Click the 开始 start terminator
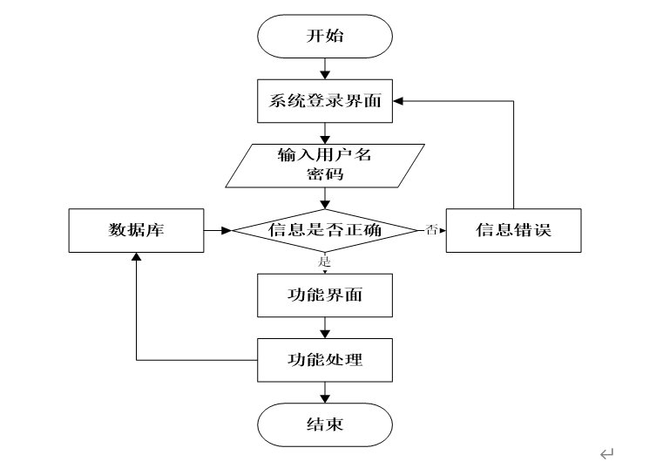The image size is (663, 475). pos(325,37)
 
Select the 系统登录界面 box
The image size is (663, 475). pos(325,101)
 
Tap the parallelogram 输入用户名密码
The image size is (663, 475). pos(325,166)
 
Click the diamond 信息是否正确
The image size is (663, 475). pos(325,230)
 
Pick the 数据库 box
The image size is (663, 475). pos(136,230)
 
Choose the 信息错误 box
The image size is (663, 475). pos(514,230)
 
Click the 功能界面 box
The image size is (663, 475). pos(325,295)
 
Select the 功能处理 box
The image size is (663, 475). pos(325,360)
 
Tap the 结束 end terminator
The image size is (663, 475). pos(325,424)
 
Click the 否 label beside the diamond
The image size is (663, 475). pos(431,230)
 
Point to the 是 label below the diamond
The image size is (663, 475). pos(324,261)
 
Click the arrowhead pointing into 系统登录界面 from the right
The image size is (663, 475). pos(398,101)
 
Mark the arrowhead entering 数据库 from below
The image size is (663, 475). pos(136,257)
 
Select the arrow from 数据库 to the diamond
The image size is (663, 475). pos(218,230)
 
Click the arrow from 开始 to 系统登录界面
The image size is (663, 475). pos(325,69)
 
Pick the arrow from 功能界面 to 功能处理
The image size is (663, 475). pos(325,328)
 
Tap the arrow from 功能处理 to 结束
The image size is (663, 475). pos(325,392)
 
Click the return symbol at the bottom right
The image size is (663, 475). pos(606,454)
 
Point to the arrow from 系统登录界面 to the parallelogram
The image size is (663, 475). pos(325,133)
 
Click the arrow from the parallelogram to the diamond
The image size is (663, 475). pos(325,199)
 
